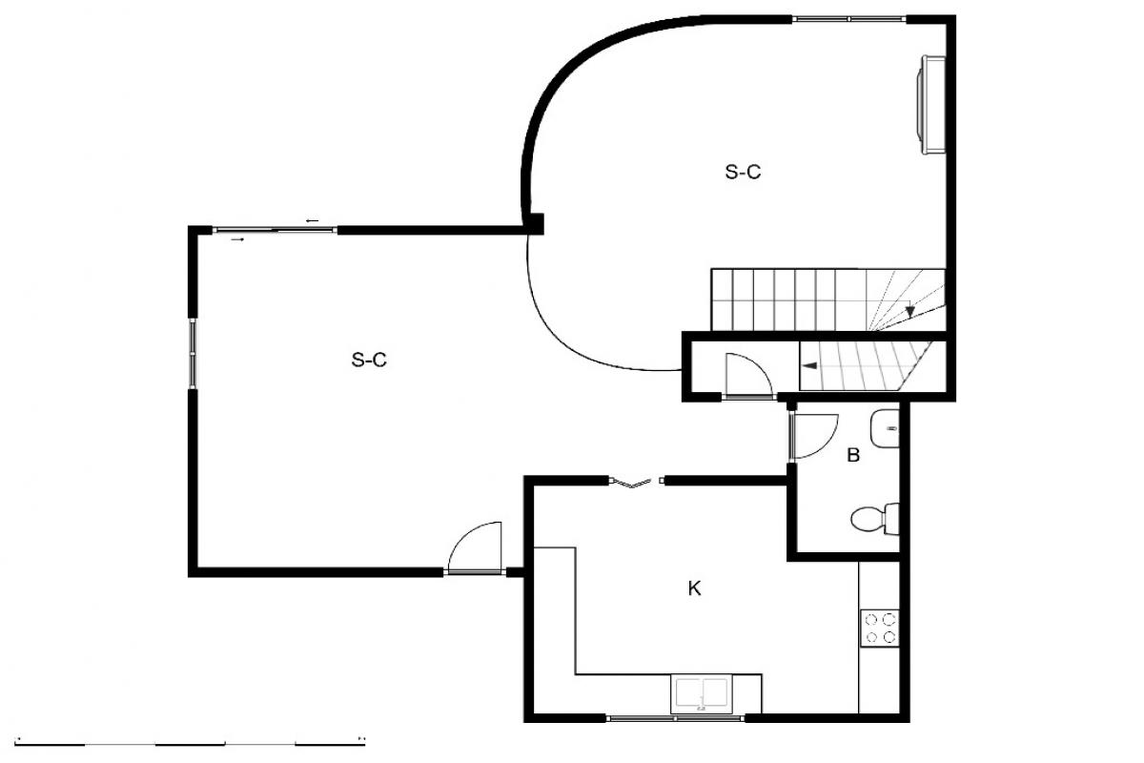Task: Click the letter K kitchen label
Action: click(x=694, y=588)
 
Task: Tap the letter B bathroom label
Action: click(x=853, y=455)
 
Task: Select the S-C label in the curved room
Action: click(x=743, y=172)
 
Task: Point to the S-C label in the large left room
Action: click(x=369, y=360)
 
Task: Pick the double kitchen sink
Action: click(x=702, y=694)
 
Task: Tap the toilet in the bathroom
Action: click(x=875, y=519)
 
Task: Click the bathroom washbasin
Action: click(x=885, y=428)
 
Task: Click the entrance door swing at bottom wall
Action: click(x=475, y=548)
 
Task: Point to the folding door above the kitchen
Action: click(x=637, y=482)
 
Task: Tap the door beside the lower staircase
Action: click(x=748, y=375)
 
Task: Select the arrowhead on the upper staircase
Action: click(x=910, y=311)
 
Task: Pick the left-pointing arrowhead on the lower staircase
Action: click(x=810, y=365)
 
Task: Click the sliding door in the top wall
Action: click(x=275, y=231)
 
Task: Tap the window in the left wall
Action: click(x=193, y=354)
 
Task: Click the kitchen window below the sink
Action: click(x=675, y=718)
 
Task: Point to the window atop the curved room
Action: click(x=848, y=19)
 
